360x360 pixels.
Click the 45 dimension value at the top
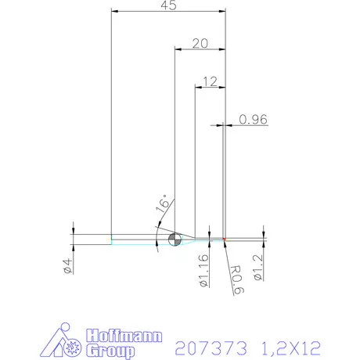[167, 5]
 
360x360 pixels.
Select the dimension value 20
[200, 44]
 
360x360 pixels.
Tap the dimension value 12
[209, 81]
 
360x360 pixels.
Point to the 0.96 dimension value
[254, 119]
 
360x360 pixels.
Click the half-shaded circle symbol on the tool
[173, 238]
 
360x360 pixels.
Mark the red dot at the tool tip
[224, 238]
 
